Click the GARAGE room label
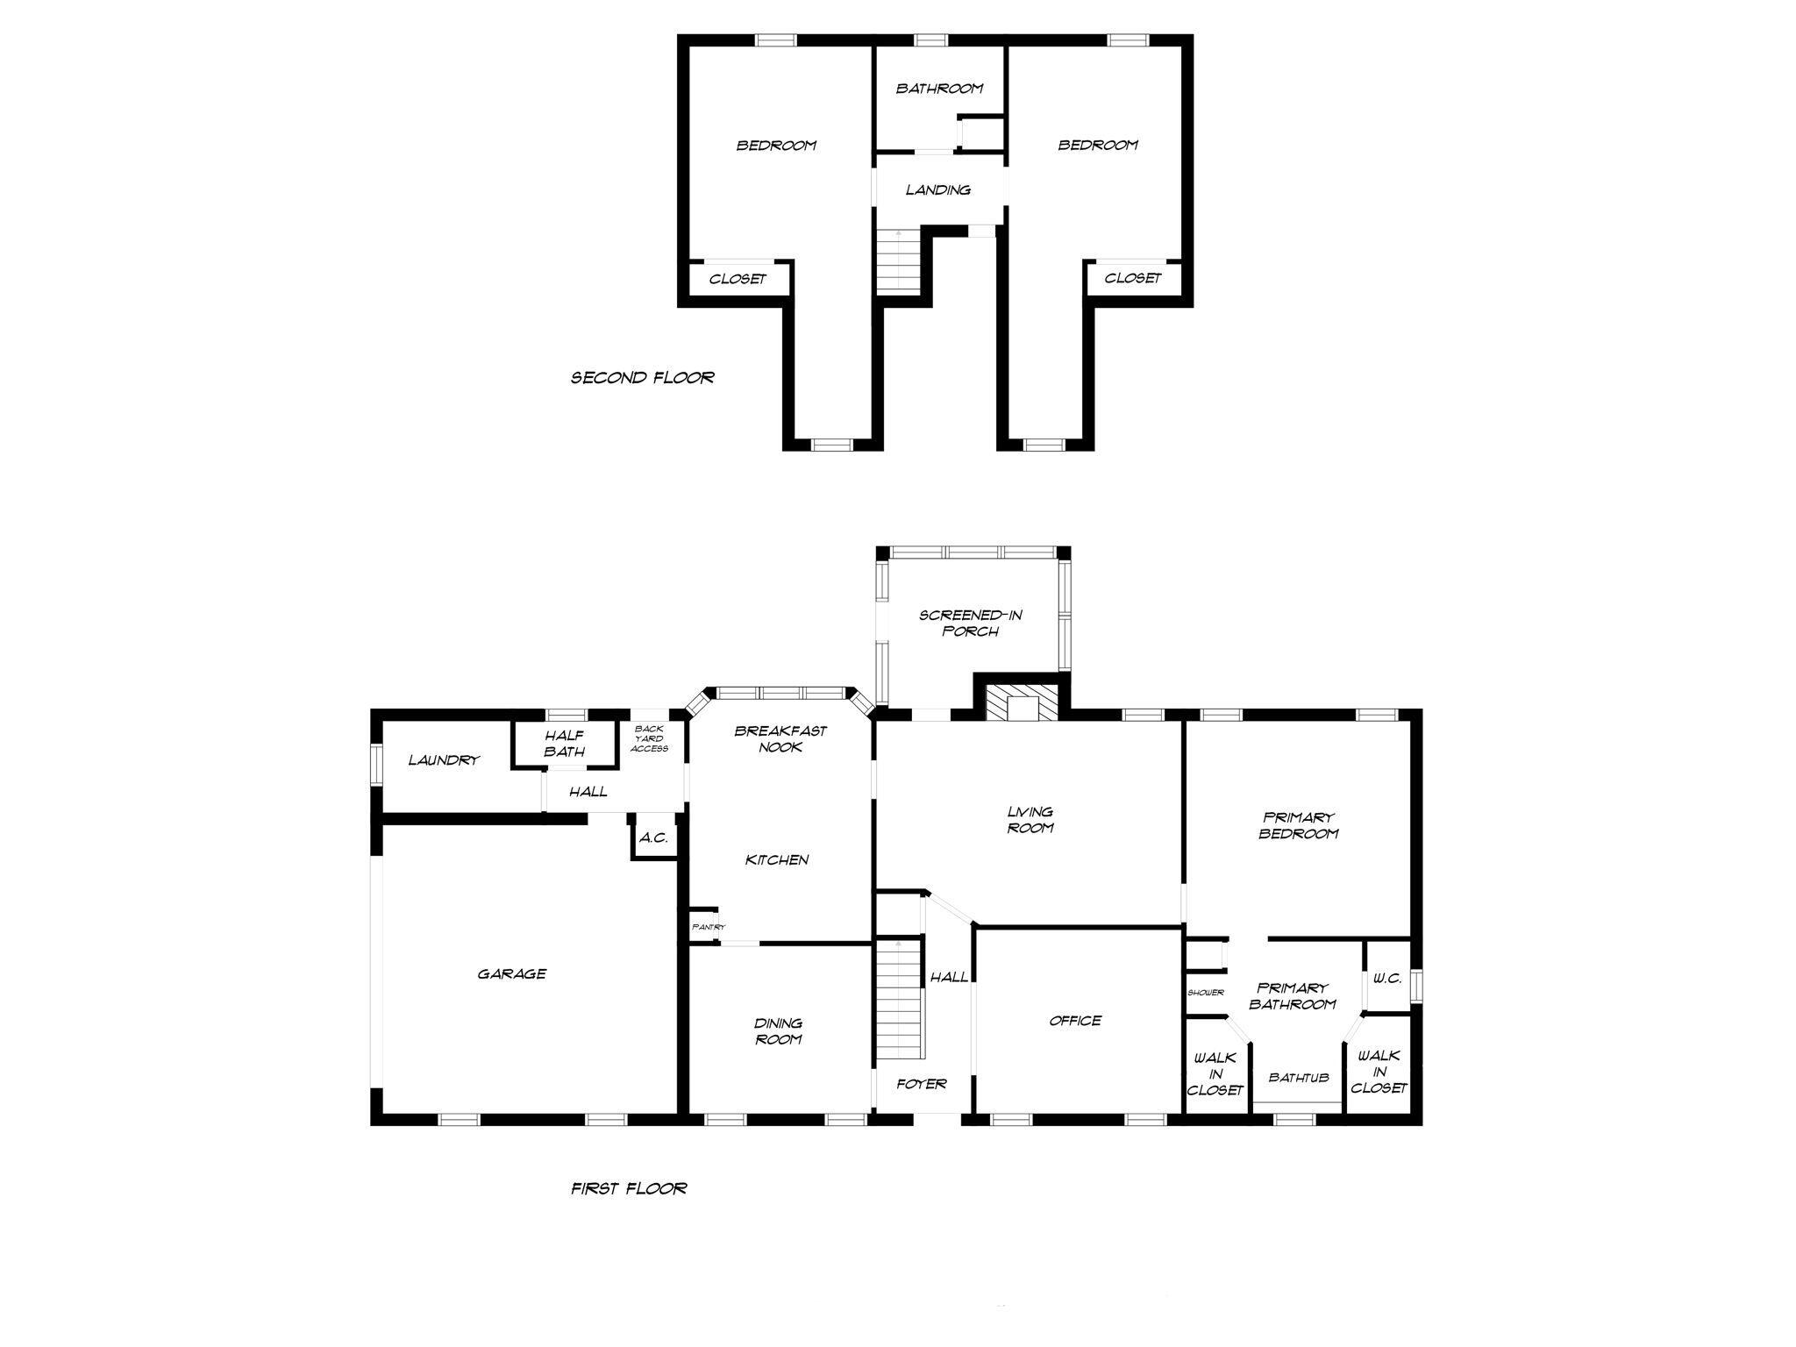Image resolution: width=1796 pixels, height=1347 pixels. (512, 973)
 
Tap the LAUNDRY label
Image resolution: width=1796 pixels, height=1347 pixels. (444, 760)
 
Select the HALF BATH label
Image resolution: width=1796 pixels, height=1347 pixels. (564, 744)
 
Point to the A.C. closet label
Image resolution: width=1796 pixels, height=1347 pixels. (653, 837)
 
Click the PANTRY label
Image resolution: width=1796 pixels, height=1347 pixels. (709, 927)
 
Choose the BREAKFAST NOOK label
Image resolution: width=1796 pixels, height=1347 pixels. (780, 738)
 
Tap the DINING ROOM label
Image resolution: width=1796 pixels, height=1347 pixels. (779, 1031)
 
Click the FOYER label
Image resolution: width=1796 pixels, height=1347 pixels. (922, 1084)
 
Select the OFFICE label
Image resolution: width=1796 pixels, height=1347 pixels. (1075, 1021)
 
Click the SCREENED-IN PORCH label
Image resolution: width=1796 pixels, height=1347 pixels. (971, 623)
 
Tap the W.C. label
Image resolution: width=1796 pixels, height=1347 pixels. (1387, 979)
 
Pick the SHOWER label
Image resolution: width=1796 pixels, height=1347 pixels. (1206, 993)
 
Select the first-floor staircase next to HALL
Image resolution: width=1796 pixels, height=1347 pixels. (900, 1000)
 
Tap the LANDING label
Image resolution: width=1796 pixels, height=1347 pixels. (938, 189)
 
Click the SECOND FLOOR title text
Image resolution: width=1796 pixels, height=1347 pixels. (643, 378)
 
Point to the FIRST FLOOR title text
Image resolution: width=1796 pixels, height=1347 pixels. (629, 1188)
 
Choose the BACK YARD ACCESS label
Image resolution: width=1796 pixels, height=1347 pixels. (650, 738)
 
